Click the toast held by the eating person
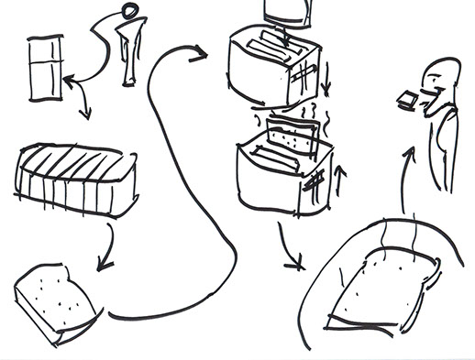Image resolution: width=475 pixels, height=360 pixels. [406, 98]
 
